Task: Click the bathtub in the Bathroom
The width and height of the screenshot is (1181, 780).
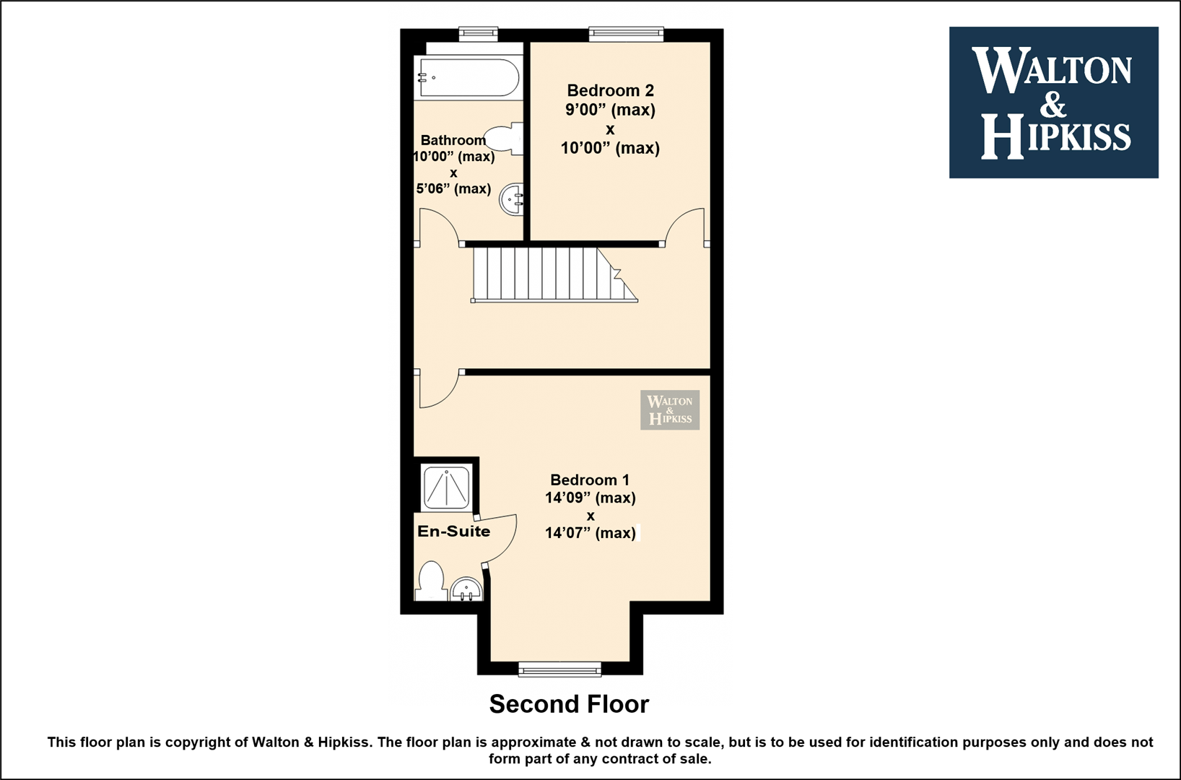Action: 469,78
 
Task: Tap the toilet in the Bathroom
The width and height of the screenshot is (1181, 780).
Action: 505,139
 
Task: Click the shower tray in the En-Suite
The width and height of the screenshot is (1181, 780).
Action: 447,487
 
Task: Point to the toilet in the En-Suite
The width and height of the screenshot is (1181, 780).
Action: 431,581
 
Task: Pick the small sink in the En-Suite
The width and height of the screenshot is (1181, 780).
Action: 466,589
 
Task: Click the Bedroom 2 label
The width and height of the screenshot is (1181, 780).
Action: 611,91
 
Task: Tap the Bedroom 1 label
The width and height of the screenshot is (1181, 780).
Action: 590,480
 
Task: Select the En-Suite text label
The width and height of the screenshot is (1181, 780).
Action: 454,531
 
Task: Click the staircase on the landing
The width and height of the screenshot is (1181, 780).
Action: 554,274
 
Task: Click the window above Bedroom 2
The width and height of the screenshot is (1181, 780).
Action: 626,34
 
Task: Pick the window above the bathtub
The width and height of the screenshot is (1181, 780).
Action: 478,34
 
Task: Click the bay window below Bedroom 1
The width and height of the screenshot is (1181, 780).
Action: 560,669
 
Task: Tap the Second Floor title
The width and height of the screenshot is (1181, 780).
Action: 570,704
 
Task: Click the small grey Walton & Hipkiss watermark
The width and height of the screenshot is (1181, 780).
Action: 670,409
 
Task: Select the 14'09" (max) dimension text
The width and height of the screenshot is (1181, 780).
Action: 590,498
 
